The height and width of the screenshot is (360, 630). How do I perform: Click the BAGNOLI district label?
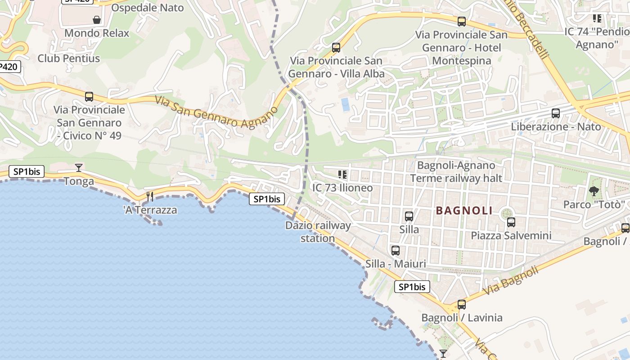[x=464, y=211]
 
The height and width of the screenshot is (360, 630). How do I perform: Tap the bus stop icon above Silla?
[x=409, y=216]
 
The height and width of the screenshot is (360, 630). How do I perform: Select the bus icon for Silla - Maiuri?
[x=395, y=251]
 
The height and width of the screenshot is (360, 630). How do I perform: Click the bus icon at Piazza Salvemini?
[x=511, y=222]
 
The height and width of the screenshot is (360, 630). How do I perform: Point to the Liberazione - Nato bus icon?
[x=556, y=113]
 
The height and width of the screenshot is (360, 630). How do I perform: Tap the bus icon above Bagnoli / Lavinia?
[x=461, y=305]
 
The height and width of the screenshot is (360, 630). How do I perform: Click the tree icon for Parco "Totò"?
[x=594, y=191]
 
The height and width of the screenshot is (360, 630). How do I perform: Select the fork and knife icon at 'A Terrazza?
[x=150, y=197]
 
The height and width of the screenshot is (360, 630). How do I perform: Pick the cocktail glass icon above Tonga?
[x=79, y=168]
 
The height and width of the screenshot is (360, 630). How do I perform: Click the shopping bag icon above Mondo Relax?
[x=96, y=20]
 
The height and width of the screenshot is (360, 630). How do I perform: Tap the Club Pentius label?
[x=69, y=58]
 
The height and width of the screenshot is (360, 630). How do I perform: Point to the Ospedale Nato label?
[x=147, y=8]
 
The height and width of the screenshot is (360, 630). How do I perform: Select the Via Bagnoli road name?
[x=510, y=281]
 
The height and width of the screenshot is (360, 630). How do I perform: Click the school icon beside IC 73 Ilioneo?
[x=342, y=174]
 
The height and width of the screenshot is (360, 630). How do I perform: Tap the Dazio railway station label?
[x=318, y=232]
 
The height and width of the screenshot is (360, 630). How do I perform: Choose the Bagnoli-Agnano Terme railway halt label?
[x=456, y=171]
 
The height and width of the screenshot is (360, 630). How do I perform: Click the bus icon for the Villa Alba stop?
[x=336, y=48]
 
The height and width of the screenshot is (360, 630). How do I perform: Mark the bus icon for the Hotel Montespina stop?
[x=461, y=22]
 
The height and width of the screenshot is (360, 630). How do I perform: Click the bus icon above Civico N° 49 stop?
[x=89, y=96]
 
